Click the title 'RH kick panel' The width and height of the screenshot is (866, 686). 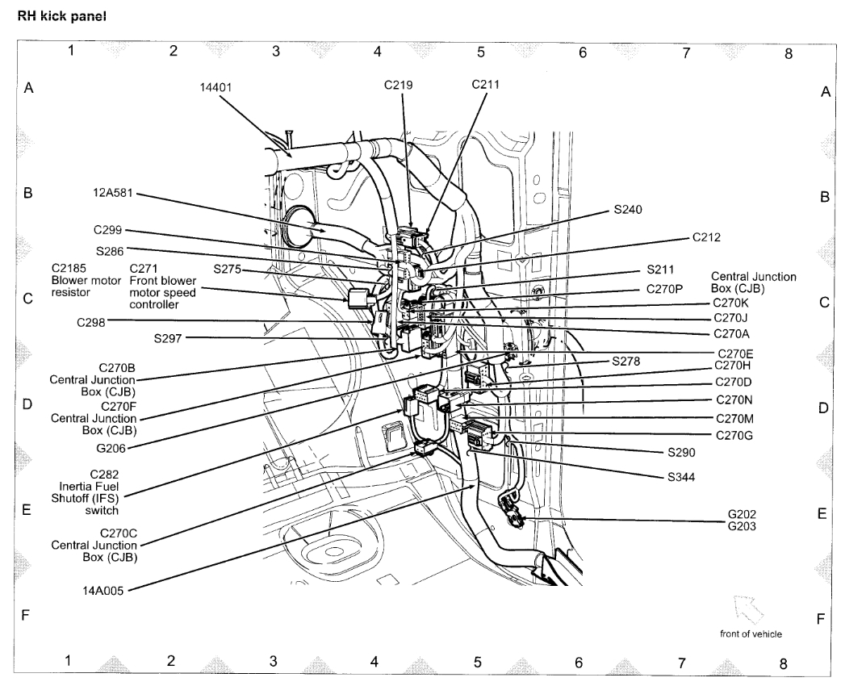61,16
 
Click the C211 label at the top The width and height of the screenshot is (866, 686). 487,84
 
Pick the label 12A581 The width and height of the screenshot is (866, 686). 112,194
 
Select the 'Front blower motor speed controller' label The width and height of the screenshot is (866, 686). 162,287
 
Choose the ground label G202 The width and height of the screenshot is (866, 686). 742,514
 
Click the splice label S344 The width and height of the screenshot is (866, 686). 682,476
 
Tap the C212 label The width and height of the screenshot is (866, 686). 706,237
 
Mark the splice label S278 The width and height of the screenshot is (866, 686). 625,362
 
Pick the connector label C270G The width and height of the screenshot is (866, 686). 734,436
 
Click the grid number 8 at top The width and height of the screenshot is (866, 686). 789,54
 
